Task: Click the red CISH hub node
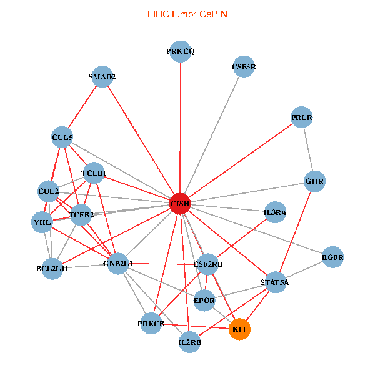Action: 180,204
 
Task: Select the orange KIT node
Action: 239,329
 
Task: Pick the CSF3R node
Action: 244,66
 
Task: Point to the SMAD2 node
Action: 102,77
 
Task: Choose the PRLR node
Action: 301,117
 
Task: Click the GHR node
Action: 314,182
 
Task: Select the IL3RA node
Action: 275,212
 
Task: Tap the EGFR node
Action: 332,257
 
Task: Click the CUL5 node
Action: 62,137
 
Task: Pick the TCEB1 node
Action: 93,173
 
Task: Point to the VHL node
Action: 42,222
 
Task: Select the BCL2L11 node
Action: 52,269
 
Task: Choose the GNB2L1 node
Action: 117,264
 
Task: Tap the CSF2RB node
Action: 208,264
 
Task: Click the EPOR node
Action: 204,301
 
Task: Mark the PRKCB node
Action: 151,323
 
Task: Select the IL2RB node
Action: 189,342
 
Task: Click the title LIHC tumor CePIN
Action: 187,13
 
